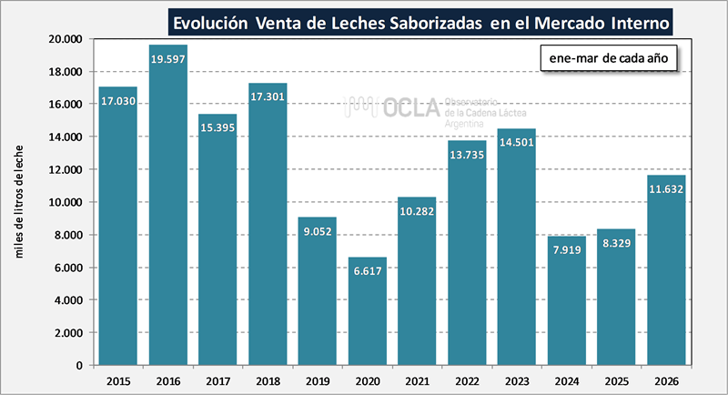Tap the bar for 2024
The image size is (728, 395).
566,300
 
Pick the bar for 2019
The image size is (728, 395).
317,291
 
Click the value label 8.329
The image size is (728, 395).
616,244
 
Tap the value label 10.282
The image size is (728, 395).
417,212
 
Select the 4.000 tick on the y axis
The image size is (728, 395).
67,300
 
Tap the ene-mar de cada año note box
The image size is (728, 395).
609,58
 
